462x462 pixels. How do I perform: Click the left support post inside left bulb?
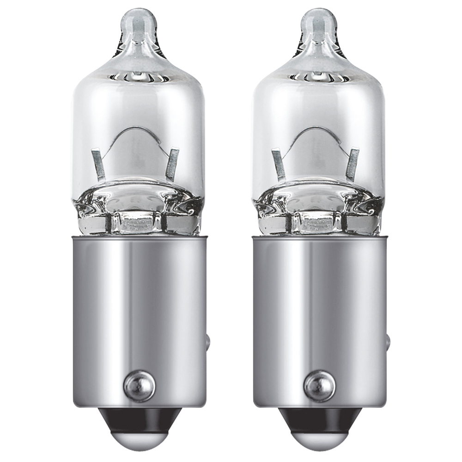[x=99, y=164]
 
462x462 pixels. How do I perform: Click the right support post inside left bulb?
[x=172, y=164]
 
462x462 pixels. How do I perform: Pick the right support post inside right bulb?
[x=353, y=164]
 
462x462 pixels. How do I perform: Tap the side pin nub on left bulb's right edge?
[x=207, y=342]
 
